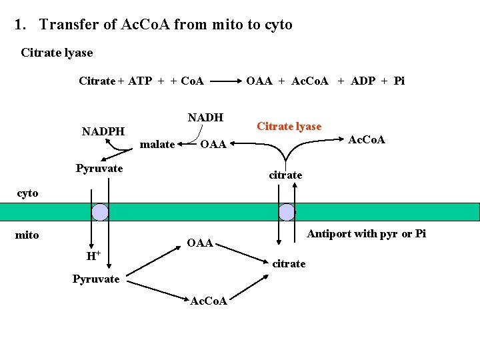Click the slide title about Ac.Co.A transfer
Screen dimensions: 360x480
(153, 25)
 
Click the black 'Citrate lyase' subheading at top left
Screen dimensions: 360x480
(57, 53)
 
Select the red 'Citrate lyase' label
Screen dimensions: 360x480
(289, 127)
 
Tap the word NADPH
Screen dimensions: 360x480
(103, 131)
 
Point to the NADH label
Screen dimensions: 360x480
(205, 118)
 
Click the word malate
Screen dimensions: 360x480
(158, 145)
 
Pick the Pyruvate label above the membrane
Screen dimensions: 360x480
(99, 168)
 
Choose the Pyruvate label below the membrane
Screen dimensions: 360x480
(96, 279)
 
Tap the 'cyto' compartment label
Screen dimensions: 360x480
(27, 193)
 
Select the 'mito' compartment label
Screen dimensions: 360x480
(27, 235)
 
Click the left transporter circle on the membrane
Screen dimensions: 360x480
(100, 212)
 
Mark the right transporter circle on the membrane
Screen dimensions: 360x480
(287, 212)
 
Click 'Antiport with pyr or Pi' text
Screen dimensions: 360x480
(366, 233)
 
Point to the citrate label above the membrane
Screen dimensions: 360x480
(285, 175)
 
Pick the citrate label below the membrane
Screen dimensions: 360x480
(289, 263)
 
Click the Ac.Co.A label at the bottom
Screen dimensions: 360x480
(209, 301)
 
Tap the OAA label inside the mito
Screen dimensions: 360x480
(199, 243)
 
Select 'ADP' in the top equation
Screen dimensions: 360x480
(363, 81)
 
